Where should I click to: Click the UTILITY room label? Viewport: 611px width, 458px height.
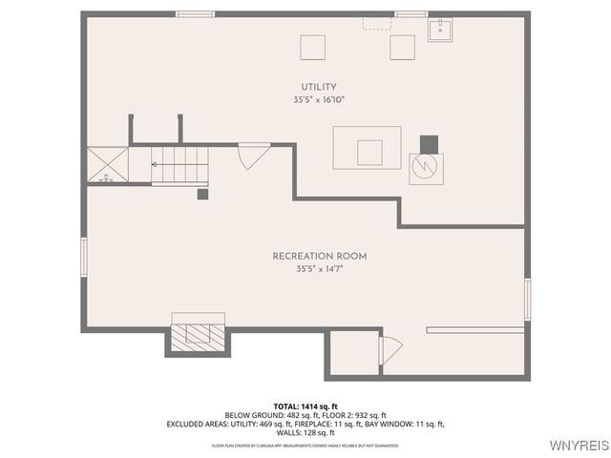pyautogui.click(x=319, y=87)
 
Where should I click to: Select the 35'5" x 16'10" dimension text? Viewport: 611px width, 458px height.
pyautogui.click(x=319, y=99)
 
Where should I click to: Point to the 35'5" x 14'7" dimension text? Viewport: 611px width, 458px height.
pyautogui.click(x=319, y=269)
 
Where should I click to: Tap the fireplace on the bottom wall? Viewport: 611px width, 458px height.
pyautogui.click(x=198, y=334)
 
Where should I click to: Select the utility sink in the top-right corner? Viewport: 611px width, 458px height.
pyautogui.click(x=439, y=30)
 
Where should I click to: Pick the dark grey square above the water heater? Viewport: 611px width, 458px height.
pyautogui.click(x=429, y=143)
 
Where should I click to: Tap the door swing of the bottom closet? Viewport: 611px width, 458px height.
pyautogui.click(x=390, y=350)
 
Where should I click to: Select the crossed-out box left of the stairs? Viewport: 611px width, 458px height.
pyautogui.click(x=107, y=165)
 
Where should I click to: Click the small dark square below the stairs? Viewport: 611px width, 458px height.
pyautogui.click(x=202, y=194)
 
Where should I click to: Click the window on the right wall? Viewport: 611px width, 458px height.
pyautogui.click(x=527, y=298)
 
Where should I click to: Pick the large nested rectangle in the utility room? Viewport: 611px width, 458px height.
pyautogui.click(x=368, y=148)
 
